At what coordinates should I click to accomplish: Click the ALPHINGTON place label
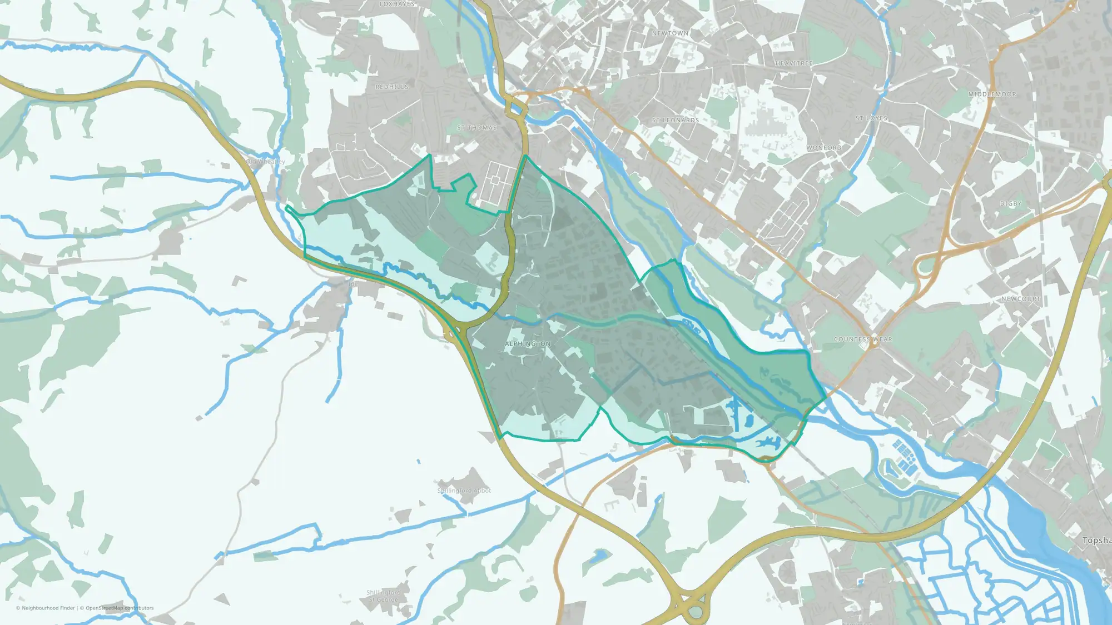click(x=528, y=344)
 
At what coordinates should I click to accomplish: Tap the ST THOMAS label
click(x=476, y=128)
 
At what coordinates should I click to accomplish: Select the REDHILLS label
click(x=392, y=87)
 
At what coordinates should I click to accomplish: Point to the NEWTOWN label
click(x=670, y=33)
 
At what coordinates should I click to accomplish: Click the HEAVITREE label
click(x=794, y=63)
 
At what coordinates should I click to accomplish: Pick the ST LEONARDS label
click(x=676, y=120)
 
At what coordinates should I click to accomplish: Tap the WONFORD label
click(x=824, y=148)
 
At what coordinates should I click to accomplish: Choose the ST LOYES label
click(x=871, y=118)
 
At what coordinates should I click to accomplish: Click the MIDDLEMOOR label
click(x=992, y=94)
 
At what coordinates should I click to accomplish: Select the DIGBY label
click(x=1011, y=204)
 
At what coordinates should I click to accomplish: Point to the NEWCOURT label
click(x=1021, y=299)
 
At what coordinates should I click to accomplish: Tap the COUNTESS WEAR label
click(x=863, y=339)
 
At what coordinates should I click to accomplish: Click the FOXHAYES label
click(x=397, y=4)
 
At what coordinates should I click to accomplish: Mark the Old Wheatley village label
click(x=266, y=162)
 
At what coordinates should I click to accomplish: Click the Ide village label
click(x=353, y=284)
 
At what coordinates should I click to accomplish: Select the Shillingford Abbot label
click(x=464, y=491)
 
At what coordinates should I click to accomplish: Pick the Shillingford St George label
click(x=383, y=596)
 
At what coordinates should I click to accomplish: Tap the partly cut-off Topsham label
click(x=1096, y=541)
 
